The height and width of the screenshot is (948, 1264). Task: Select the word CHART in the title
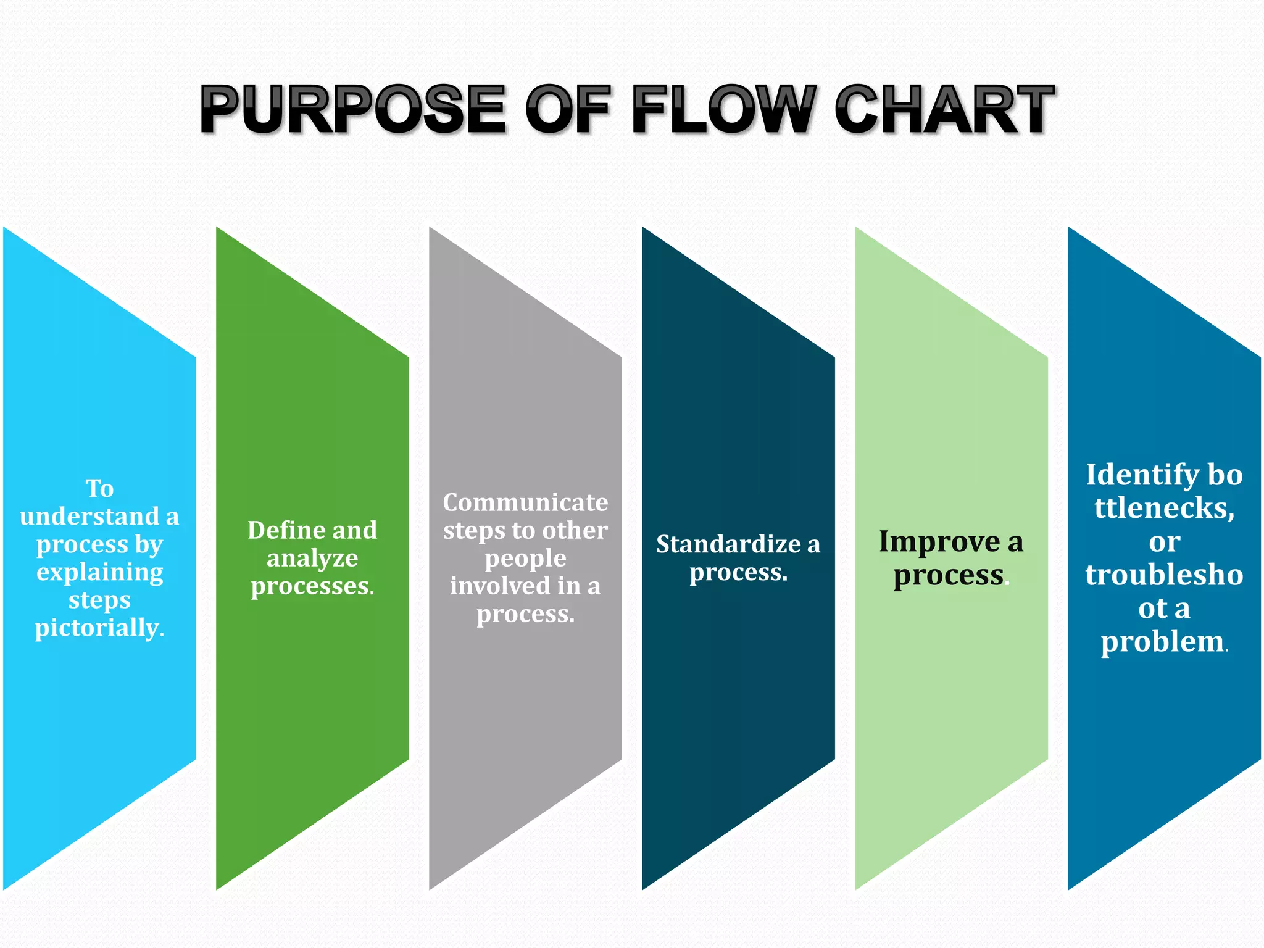coord(944,110)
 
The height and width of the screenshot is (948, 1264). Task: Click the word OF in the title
coord(568,110)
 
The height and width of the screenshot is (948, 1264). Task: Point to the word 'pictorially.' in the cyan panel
coord(99,628)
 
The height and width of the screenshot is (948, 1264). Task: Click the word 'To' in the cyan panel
coord(99,489)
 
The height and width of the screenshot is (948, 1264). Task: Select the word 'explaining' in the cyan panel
coord(99,572)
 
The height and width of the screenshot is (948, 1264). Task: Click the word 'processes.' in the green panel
coord(312,586)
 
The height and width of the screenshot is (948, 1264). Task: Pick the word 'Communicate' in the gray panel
coord(525,503)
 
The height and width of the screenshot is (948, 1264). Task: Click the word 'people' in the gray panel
coord(525,559)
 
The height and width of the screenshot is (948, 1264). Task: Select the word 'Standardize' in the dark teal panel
coord(728,544)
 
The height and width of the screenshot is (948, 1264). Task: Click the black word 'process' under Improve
coord(948,575)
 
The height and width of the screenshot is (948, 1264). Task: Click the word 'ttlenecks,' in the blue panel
coord(1164,508)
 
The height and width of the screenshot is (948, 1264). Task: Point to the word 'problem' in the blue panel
coord(1162,642)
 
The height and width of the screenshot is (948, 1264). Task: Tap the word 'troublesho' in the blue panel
coord(1164,575)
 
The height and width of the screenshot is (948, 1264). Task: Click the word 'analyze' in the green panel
coord(312,559)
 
